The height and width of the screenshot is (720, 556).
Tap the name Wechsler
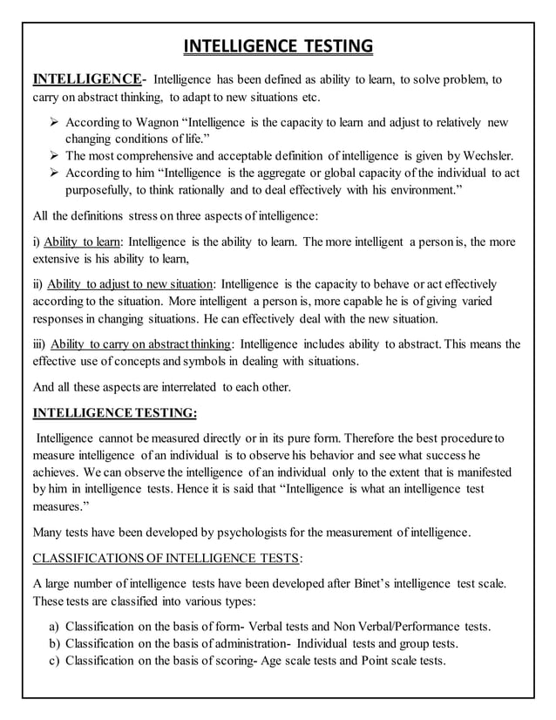(492, 156)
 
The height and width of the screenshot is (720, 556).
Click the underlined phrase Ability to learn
(84, 241)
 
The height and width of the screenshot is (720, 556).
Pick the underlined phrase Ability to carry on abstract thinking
(140, 343)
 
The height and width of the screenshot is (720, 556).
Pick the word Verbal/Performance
(402, 627)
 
